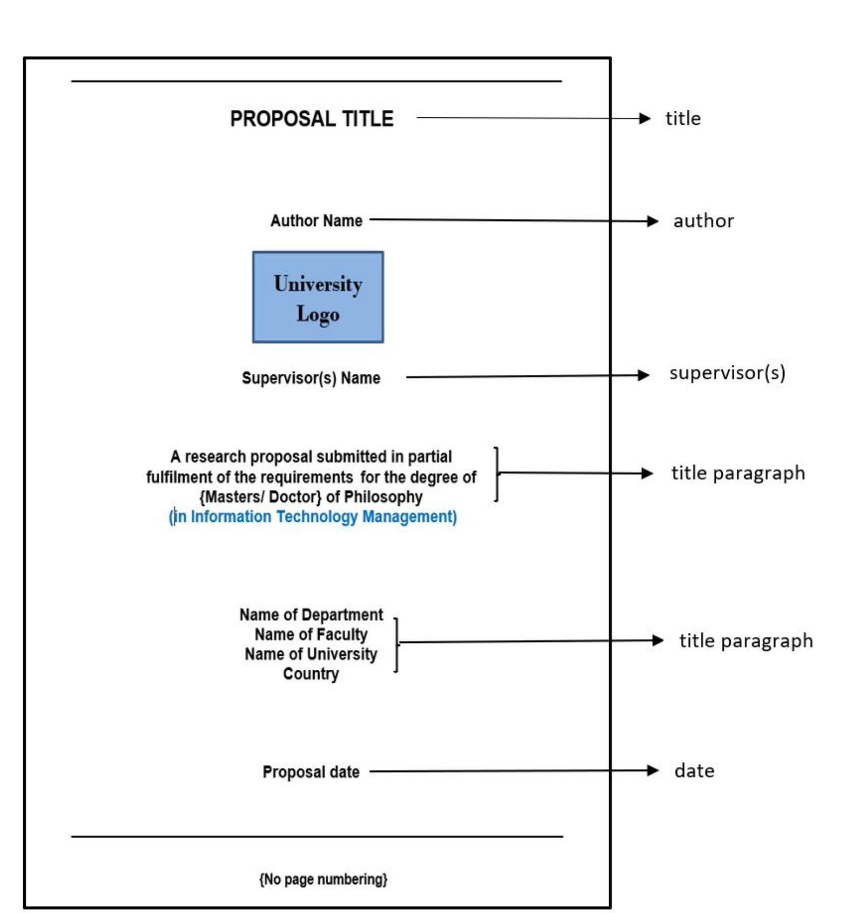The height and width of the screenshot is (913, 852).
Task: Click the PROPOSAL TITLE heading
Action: (x=312, y=119)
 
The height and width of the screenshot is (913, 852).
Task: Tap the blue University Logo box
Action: (x=318, y=297)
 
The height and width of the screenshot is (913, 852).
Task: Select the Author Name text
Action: (x=316, y=221)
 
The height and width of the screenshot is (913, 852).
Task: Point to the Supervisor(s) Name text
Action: (x=311, y=378)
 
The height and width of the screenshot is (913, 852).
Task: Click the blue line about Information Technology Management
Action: (x=313, y=517)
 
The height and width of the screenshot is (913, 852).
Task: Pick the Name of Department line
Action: (x=311, y=615)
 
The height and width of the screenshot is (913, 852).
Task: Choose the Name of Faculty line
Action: (x=311, y=635)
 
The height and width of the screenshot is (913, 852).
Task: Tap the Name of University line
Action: (x=311, y=654)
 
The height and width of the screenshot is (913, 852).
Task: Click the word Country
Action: (x=311, y=674)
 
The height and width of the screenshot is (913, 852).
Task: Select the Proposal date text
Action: (x=311, y=772)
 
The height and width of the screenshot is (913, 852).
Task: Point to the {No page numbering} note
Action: (x=323, y=879)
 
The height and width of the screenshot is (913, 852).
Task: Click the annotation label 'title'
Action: (x=683, y=119)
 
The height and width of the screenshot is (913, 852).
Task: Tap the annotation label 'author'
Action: (x=703, y=221)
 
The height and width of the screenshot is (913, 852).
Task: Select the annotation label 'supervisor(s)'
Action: (x=727, y=373)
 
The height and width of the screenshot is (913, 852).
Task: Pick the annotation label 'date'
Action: (x=694, y=771)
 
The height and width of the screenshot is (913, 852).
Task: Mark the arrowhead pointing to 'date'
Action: (x=653, y=770)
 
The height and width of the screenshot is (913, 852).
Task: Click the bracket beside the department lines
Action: (x=396, y=645)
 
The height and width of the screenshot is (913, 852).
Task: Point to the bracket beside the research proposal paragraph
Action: (x=496, y=474)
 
